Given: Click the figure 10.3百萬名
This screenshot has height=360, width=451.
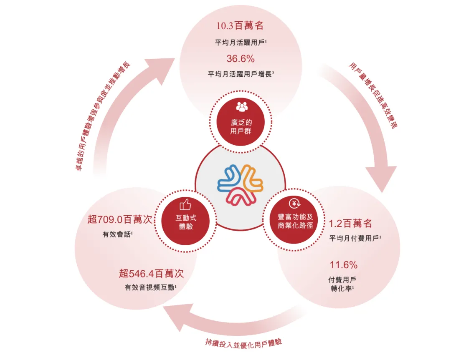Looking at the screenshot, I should tap(240, 26).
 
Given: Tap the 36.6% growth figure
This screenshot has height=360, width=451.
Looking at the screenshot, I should tap(240, 58).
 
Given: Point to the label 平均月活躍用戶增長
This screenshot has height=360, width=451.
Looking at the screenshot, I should tap(240, 75).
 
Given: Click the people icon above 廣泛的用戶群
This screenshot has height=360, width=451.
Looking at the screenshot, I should tap(242, 107).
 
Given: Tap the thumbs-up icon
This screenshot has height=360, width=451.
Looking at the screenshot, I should tap(185, 204).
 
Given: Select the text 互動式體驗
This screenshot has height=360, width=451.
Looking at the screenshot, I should tap(186, 222).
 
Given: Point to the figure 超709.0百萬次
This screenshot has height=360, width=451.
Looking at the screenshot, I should tap(119, 219).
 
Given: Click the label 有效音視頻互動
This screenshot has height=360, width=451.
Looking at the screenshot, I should tap(150, 287).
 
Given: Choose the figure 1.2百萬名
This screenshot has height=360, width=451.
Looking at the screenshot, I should tap(350, 224).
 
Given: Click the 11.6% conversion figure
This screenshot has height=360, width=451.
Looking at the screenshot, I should tap(343, 264).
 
